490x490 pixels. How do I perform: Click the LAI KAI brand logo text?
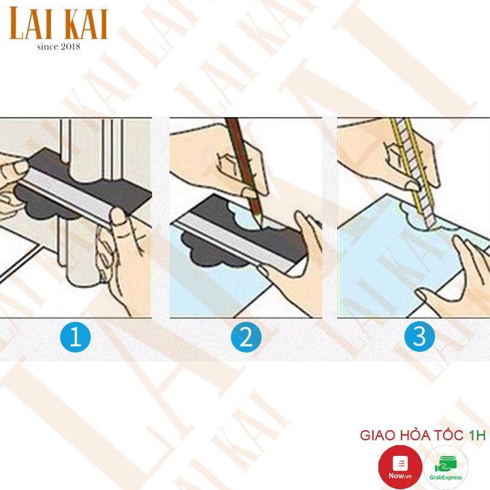coord(59,23)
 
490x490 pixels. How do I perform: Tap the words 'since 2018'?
coord(59,46)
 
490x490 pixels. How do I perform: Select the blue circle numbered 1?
coord(76,337)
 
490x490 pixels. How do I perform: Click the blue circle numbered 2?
coord(246,337)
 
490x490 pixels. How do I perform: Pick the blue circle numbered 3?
coord(419,336)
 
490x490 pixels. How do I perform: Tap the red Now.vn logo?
coord(400,467)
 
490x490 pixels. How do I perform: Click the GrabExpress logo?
coord(446,468)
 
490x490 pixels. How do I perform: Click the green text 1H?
coord(477,436)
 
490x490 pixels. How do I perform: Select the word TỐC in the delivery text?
coord(448,435)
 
